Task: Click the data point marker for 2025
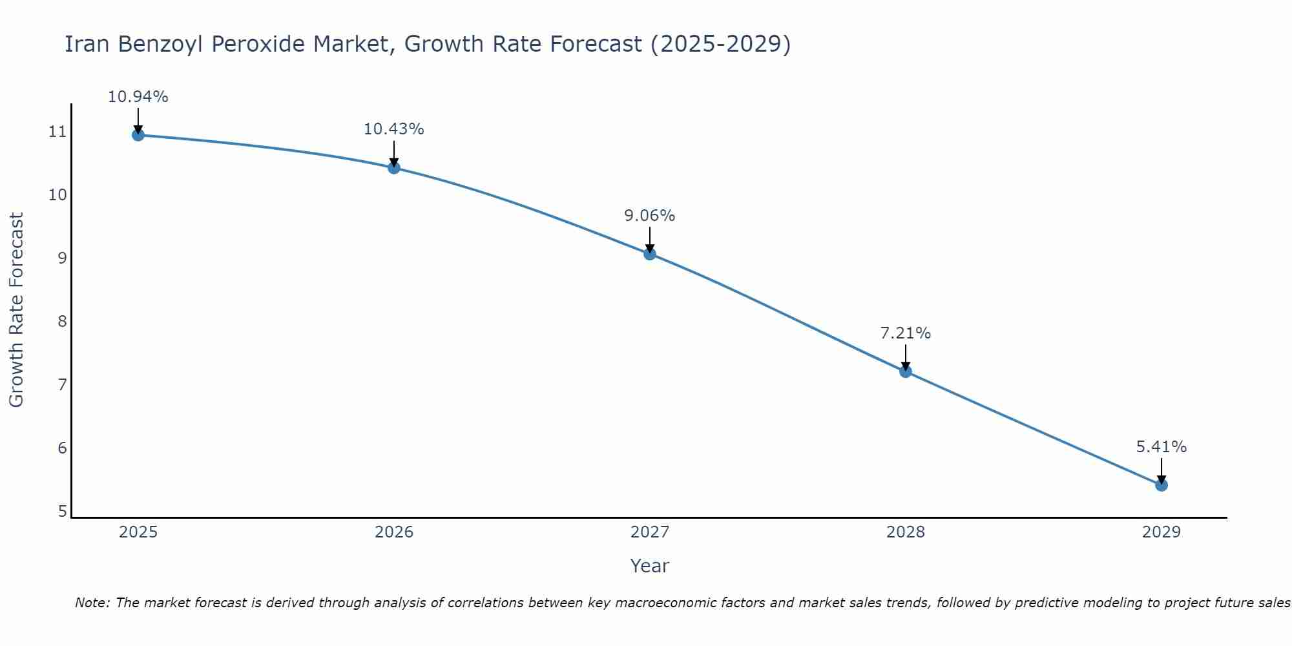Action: point(138,135)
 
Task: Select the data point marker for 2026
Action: point(394,168)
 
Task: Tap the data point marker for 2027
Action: point(650,254)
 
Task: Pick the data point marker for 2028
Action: point(906,371)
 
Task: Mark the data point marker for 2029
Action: point(1162,485)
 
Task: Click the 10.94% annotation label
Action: point(138,97)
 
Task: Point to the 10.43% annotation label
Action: point(394,129)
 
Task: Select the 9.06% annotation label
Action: point(650,216)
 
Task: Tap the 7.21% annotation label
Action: point(906,333)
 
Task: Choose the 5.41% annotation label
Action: point(1162,447)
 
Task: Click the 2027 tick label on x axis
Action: point(650,532)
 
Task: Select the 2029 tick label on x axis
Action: point(1162,532)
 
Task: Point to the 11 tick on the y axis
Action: point(57,132)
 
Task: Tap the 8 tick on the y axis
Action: point(62,322)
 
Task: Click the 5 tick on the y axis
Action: point(62,512)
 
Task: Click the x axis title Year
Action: point(650,566)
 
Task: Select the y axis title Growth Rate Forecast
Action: point(17,310)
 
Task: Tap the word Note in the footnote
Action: point(92,603)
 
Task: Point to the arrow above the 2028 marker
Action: point(906,357)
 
